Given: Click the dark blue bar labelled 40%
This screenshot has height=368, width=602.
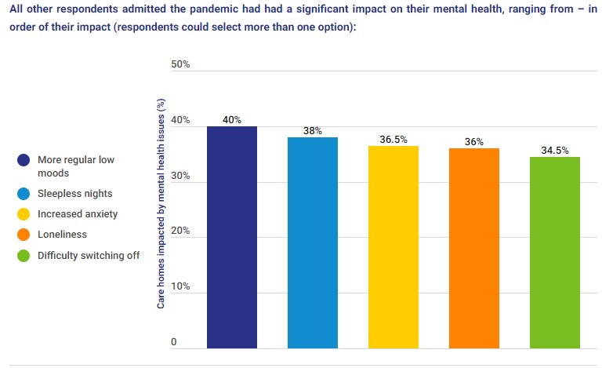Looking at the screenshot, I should click(x=231, y=236).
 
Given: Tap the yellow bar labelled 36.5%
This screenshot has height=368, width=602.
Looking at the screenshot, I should click(x=393, y=246).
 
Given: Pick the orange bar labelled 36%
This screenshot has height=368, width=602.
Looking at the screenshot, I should click(x=473, y=248).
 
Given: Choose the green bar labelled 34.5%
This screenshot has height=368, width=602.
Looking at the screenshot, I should click(x=554, y=252).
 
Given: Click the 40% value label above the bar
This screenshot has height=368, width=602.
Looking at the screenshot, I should click(x=231, y=120).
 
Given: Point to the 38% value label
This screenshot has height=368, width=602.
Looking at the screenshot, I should click(x=312, y=131).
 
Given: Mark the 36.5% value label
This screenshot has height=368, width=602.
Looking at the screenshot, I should click(x=393, y=140).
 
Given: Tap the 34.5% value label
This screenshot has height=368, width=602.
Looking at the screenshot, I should click(x=554, y=151).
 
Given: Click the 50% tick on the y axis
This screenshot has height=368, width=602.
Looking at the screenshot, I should click(x=180, y=64).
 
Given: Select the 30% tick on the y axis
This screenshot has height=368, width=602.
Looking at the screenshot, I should click(x=180, y=177).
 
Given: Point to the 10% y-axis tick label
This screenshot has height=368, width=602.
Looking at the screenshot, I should click(x=180, y=286).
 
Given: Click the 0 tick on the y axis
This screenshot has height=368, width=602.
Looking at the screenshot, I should click(x=174, y=342).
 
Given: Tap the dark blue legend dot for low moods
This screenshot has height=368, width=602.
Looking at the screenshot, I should click(x=24, y=160).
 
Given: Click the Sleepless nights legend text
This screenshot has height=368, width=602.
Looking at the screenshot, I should click(x=74, y=193).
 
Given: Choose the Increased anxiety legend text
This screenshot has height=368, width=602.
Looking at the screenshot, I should click(x=78, y=213).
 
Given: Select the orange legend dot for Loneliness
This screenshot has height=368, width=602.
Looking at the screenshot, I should click(x=24, y=234).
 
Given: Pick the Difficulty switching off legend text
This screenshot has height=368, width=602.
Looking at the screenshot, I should click(x=89, y=255).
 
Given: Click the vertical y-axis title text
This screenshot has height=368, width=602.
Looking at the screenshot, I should click(x=161, y=203).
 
